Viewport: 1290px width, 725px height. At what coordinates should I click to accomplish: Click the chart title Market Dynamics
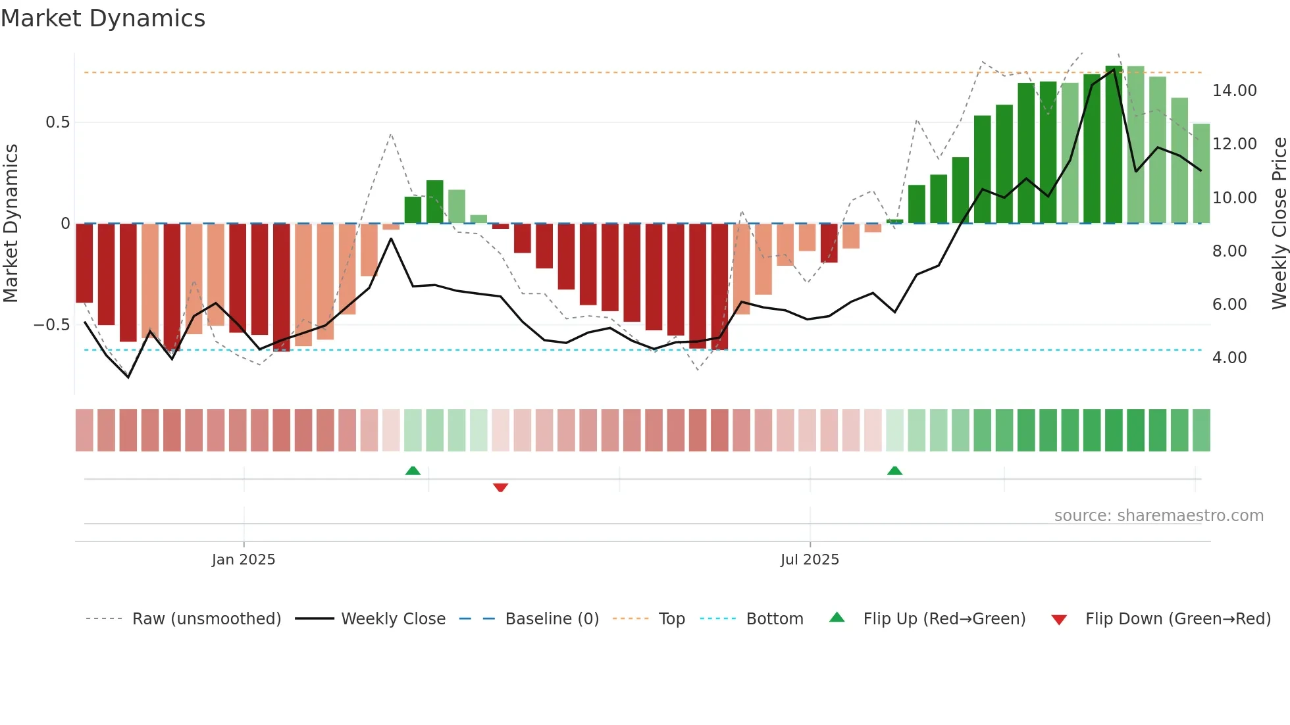coord(103,18)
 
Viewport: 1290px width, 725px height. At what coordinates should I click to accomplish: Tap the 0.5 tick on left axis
coord(57,122)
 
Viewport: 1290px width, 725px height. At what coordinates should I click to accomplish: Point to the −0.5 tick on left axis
coord(51,325)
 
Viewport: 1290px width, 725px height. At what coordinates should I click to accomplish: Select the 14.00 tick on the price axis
coord(1234,91)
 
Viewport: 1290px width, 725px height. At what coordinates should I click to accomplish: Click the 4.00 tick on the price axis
coord(1229,358)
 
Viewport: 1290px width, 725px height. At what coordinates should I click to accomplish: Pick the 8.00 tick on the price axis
coord(1229,251)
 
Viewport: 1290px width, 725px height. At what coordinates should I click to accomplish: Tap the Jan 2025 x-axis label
coord(244,560)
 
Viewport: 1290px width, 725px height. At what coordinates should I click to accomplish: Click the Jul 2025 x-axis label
coord(810,560)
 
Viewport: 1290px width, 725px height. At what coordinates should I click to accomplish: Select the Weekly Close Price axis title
coord(1279,224)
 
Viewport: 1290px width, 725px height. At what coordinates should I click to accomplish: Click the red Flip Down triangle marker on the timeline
coord(500,488)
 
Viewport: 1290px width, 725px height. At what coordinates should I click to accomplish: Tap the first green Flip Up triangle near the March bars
coord(413,470)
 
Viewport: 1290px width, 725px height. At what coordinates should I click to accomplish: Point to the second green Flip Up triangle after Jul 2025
coord(894,470)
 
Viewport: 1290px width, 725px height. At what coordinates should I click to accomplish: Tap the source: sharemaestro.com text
coord(1158,516)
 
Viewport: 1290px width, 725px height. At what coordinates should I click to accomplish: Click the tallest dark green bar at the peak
coord(1114,145)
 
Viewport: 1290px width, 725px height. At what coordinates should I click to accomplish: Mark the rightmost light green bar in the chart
coord(1201,174)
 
